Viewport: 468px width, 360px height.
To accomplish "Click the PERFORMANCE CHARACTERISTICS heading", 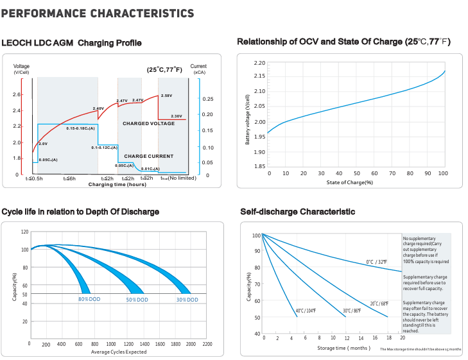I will click(x=98, y=13).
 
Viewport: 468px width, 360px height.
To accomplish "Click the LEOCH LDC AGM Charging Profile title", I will click(x=71, y=43).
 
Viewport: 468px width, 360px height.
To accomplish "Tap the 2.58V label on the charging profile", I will click(x=166, y=96).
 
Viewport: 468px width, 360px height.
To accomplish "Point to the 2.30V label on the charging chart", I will click(x=177, y=116).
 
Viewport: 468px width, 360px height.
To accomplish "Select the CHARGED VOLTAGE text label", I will click(x=148, y=123).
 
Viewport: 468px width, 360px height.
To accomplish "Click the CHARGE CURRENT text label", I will click(x=148, y=156).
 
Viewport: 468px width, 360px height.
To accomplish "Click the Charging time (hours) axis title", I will click(x=117, y=184).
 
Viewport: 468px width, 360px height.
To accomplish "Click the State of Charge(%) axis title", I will click(x=349, y=182).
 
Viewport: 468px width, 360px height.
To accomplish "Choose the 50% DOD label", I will click(x=137, y=300).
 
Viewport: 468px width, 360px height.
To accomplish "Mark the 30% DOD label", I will click(x=187, y=300).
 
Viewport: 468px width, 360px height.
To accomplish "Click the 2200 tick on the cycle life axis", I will click(x=207, y=345).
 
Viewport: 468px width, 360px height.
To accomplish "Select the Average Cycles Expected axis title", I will click(x=119, y=352).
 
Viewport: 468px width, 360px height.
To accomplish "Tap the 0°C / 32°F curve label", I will click(x=377, y=262).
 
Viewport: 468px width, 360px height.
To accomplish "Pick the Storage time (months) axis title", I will click(x=344, y=348).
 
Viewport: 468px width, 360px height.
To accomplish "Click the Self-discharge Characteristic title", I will click(x=297, y=212).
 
